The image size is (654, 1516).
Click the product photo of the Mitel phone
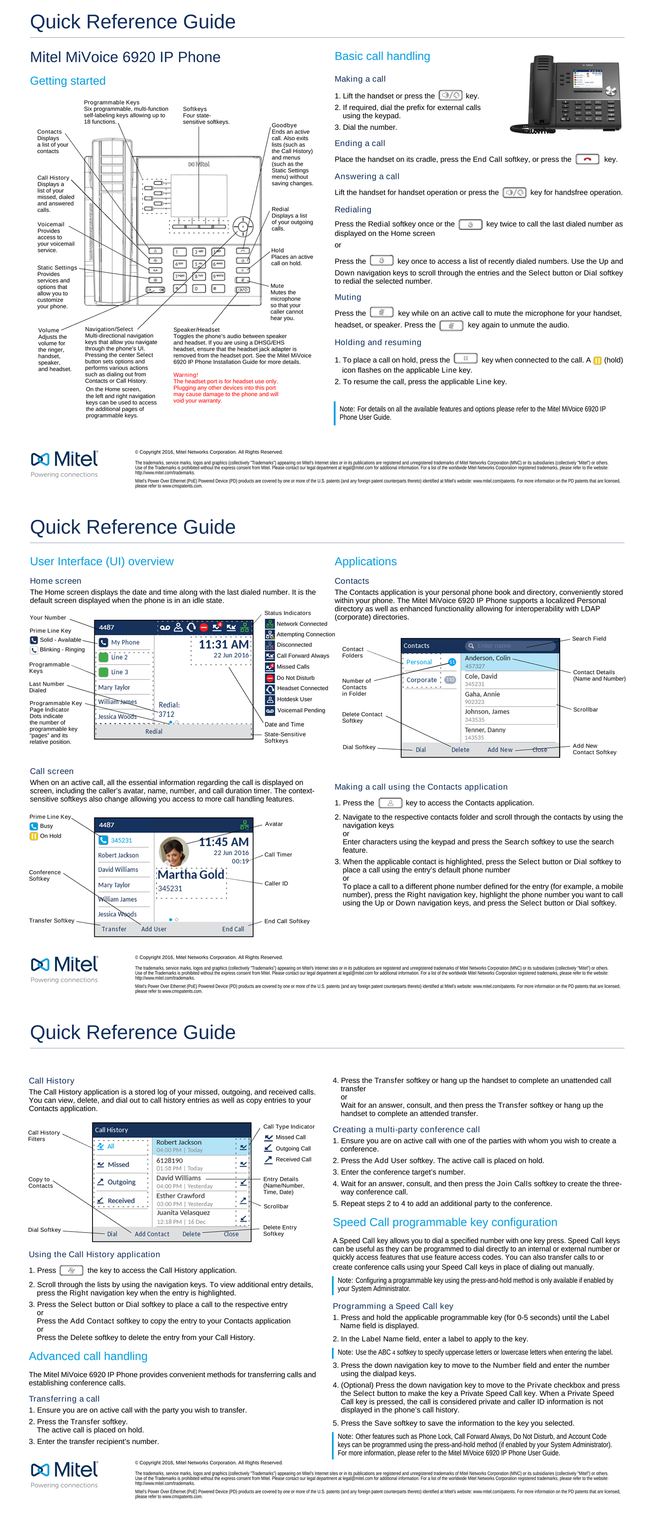[x=566, y=93]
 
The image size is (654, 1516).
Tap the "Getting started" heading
[x=68, y=81]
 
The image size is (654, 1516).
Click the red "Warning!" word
[x=185, y=375]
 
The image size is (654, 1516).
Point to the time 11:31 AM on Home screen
[x=223, y=645]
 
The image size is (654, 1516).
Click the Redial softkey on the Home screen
[x=154, y=731]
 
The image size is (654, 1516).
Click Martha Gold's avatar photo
[x=174, y=851]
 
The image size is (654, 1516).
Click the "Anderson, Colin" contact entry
[x=487, y=659]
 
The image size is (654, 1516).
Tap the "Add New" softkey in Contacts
[x=500, y=750]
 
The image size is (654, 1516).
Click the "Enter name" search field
[x=511, y=645]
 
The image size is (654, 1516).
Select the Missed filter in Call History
[x=118, y=1165]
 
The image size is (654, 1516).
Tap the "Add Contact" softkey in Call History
[x=152, y=1234]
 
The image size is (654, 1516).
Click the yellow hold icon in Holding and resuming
[x=597, y=361]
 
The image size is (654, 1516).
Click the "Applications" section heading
[x=366, y=561]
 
